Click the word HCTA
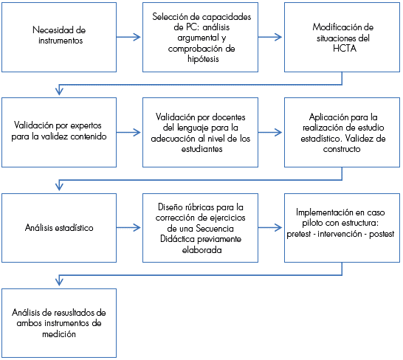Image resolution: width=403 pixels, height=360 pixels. (345, 48)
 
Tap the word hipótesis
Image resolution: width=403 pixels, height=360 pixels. (203, 59)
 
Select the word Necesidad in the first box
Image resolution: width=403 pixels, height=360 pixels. (47, 30)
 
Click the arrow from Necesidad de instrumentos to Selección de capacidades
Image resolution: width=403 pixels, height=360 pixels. (128, 38)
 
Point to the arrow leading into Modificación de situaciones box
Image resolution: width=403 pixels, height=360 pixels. (270, 38)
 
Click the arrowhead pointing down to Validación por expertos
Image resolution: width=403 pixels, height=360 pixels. (59, 91)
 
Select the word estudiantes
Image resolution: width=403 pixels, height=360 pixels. (201, 149)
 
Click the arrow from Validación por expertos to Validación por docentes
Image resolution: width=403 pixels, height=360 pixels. (128, 133)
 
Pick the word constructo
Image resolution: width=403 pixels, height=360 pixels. (342, 149)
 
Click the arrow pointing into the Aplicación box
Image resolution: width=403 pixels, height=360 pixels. (270, 133)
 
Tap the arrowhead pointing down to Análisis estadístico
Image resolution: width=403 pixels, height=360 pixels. (59, 185)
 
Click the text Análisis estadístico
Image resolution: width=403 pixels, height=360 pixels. (59, 228)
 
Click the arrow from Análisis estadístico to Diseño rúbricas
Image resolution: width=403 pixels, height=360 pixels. (128, 228)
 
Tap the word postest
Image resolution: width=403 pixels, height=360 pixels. (382, 234)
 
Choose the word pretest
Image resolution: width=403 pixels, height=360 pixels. (299, 234)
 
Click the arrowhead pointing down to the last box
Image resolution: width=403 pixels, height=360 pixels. (59, 281)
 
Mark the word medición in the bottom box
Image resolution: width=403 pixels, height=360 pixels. (59, 334)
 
